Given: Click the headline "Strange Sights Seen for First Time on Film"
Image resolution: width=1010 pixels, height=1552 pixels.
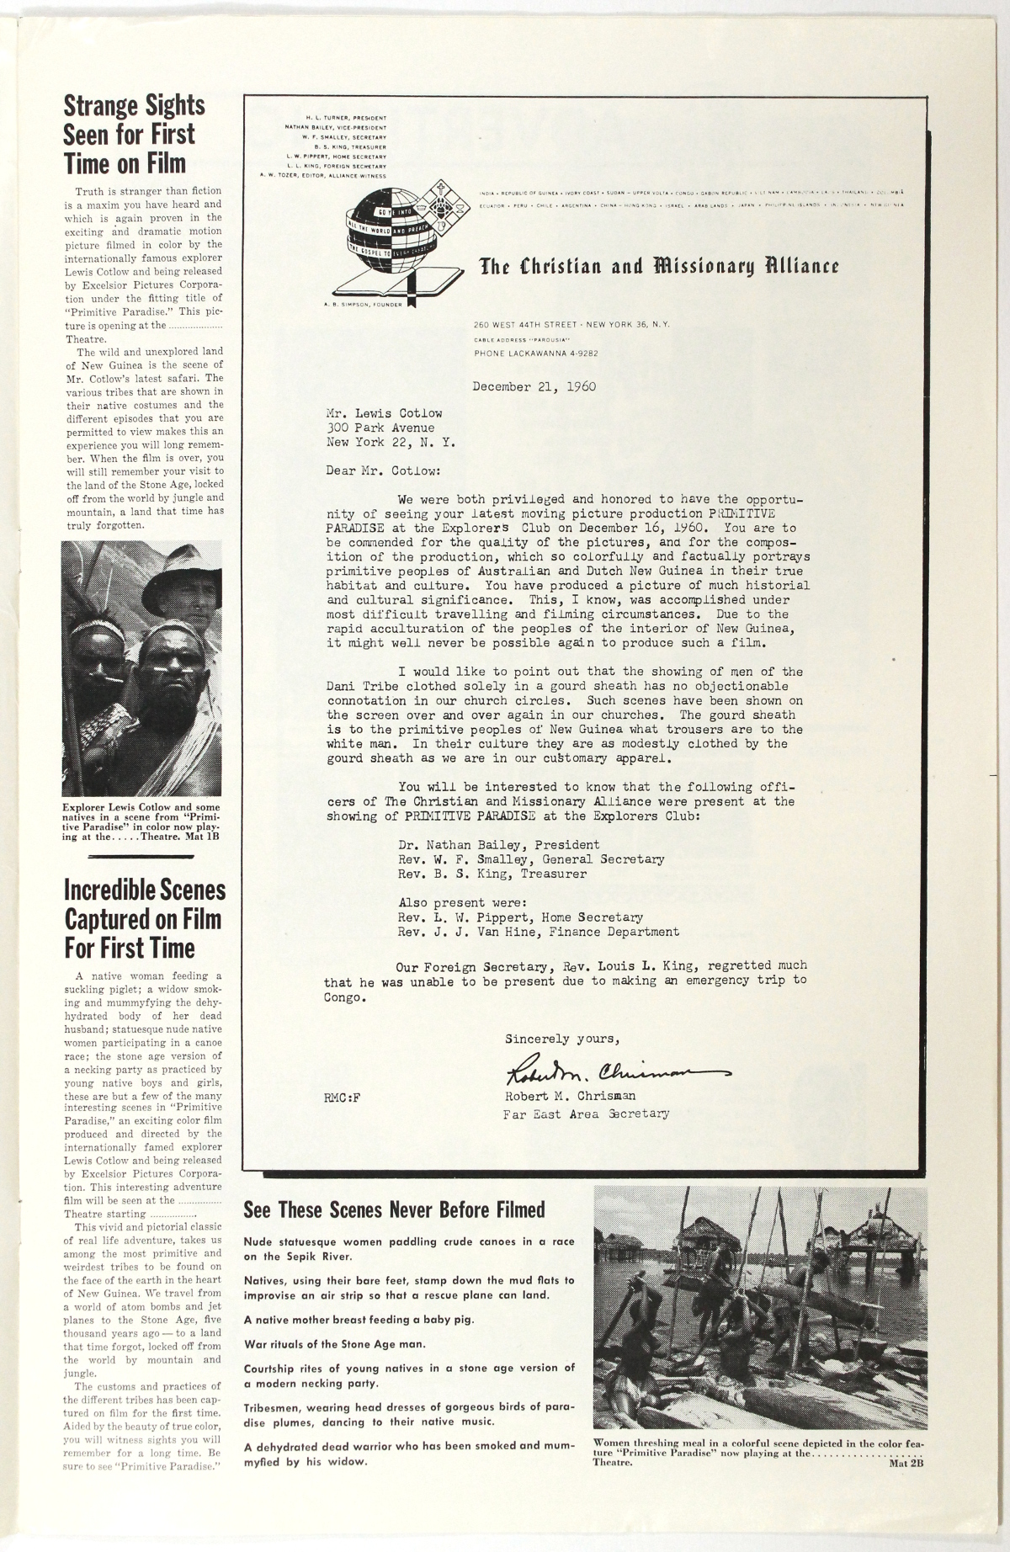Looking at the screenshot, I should tap(135, 134).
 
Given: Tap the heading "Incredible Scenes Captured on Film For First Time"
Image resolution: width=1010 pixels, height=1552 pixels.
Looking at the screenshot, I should tap(145, 919).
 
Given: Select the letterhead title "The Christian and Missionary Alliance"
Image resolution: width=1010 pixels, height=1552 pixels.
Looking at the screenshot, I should tap(659, 267).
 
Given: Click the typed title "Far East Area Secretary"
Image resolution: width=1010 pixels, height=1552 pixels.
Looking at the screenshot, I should tap(586, 1114).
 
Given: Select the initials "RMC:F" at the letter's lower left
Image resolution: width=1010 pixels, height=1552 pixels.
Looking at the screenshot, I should tap(342, 1098).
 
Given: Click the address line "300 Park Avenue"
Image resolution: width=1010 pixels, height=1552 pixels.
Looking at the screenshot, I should tap(380, 428).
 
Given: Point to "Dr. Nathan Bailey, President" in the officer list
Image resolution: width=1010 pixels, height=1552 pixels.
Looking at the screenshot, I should tap(498, 845).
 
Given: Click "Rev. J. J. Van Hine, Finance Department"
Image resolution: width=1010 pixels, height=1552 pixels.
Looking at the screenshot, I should tap(538, 932).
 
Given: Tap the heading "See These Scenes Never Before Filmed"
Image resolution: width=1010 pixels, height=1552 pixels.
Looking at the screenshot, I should tap(394, 1210).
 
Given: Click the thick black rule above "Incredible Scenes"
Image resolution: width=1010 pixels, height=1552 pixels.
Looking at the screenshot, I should tap(145, 856).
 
